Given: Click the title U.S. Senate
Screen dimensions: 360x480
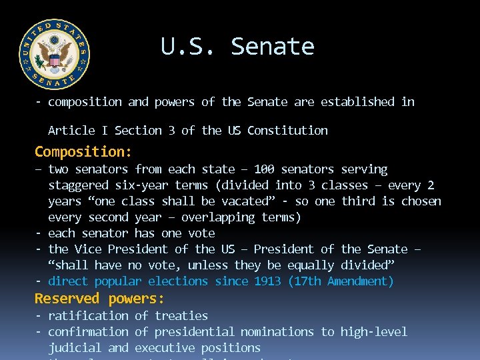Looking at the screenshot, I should (237, 47).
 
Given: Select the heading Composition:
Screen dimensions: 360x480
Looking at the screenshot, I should (83, 151).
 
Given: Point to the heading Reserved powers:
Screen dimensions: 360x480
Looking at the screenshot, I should (99, 298).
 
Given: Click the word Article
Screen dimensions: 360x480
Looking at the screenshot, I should (71, 131).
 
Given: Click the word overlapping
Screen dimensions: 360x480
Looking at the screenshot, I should (218, 217).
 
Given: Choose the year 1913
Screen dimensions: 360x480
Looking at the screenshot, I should (268, 281).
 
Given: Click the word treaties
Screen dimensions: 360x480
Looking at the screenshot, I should (181, 316).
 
